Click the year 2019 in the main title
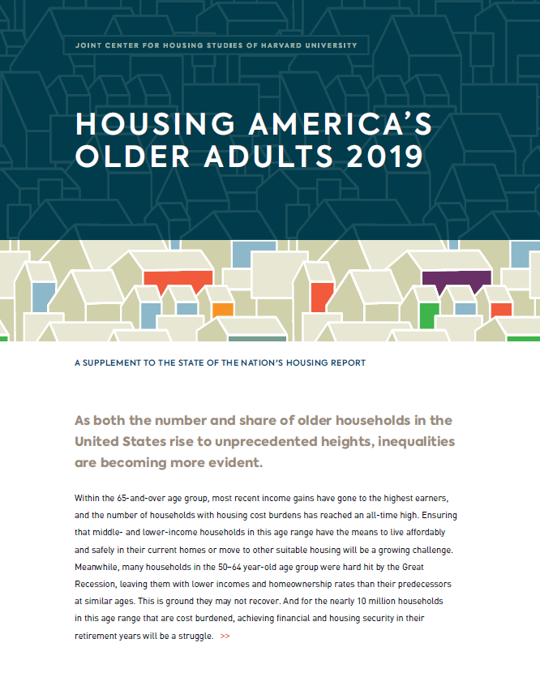[385, 156]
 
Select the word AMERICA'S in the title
[341, 123]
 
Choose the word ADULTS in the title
[268, 156]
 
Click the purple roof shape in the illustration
[456, 281]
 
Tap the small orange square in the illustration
[223, 311]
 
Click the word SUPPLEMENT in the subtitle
[112, 362]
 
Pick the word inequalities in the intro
[416, 441]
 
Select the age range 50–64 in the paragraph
[229, 567]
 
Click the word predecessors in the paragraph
[425, 584]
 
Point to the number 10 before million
[362, 601]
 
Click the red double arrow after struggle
[225, 636]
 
